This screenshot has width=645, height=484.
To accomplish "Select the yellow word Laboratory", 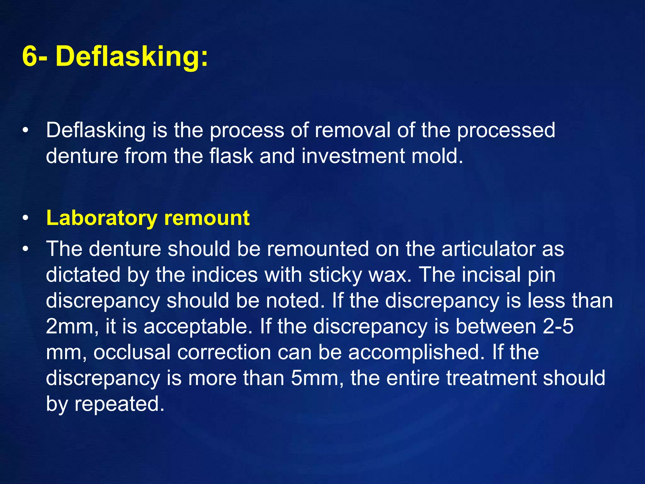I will point(101,218).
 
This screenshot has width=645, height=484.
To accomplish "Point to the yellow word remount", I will point(207,218).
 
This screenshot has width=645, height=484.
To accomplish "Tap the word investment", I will point(353,156).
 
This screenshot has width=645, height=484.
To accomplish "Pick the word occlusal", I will point(132,352).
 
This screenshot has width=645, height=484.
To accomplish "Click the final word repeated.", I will point(119,404).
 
